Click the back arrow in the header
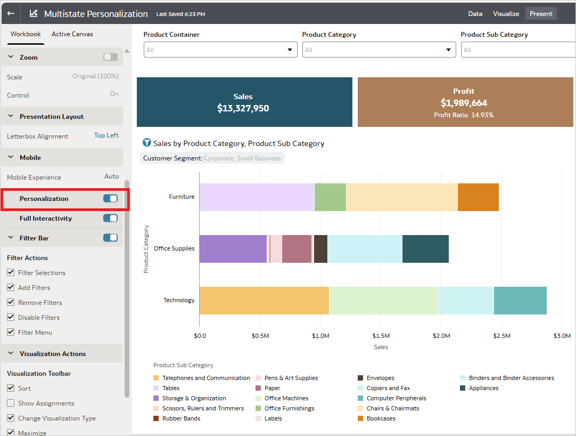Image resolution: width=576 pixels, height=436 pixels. coord(11,13)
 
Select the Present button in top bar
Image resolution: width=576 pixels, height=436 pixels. coord(540,14)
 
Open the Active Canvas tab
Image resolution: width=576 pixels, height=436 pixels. coord(72,34)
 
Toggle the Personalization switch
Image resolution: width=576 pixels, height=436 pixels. coord(110,198)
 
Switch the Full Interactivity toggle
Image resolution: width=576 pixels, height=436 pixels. coord(110,218)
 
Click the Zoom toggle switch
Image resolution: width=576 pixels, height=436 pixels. coord(110,57)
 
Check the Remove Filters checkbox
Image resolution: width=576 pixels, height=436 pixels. coord(11,302)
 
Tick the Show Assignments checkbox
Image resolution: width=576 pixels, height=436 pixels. coord(11,403)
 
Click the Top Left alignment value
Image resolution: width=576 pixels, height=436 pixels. coord(106,135)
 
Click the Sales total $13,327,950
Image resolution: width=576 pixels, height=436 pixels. coord(243,108)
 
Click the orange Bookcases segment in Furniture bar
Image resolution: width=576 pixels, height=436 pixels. coord(478,197)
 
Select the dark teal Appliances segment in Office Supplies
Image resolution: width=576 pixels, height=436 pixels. coord(425,248)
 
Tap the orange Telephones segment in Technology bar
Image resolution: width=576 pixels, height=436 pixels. coord(264,300)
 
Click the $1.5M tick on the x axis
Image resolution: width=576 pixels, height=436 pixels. coord(381,336)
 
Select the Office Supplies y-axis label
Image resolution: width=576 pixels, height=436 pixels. coord(174,248)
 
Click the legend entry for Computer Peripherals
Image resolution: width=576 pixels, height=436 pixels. coord(396,398)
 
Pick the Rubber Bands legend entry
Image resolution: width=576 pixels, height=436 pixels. coord(181,418)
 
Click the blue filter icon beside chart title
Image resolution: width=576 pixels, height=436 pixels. coord(147,143)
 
